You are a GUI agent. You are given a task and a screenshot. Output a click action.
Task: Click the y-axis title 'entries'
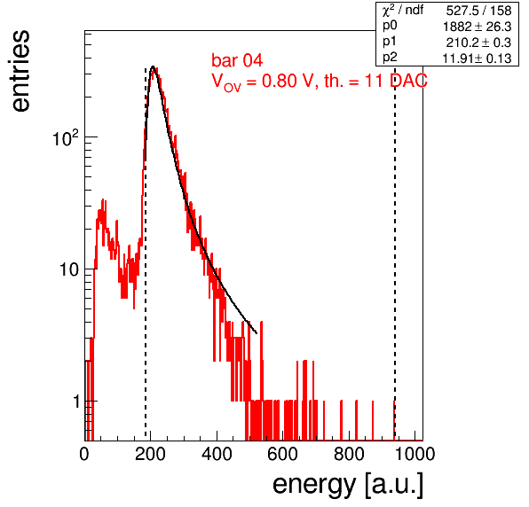(x=21, y=71)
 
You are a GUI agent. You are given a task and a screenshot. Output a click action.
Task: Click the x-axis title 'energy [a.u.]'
(x=348, y=485)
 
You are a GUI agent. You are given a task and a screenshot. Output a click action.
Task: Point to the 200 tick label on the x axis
(x=150, y=454)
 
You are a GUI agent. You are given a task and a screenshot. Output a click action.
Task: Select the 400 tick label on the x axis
(x=217, y=454)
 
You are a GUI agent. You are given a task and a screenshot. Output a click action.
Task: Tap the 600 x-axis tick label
(x=283, y=454)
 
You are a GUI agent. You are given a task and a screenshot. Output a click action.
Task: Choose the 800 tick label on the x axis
(x=349, y=454)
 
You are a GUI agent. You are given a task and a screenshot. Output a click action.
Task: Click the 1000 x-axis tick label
(x=415, y=454)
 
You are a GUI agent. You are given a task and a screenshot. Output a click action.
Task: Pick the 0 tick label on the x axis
(x=84, y=454)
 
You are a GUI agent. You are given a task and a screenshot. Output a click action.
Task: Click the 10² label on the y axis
(x=66, y=137)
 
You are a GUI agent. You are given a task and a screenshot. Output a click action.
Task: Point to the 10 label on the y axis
(x=69, y=269)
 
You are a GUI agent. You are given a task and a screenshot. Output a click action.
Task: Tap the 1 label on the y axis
(x=76, y=402)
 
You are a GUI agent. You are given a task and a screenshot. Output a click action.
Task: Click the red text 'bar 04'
(x=237, y=60)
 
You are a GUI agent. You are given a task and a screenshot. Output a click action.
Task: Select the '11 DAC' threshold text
(x=396, y=81)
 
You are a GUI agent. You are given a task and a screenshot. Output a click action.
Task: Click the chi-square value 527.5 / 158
(x=478, y=11)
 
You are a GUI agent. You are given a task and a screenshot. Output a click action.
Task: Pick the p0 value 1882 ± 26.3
(x=477, y=27)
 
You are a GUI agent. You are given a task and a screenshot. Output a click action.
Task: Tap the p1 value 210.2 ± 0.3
(x=478, y=43)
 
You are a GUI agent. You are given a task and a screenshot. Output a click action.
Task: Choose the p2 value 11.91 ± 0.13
(x=477, y=58)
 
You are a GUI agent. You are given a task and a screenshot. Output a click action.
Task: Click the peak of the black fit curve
(x=153, y=66)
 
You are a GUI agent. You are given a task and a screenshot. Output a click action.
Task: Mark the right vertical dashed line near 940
(x=395, y=253)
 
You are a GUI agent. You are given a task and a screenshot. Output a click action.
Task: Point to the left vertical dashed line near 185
(x=146, y=253)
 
